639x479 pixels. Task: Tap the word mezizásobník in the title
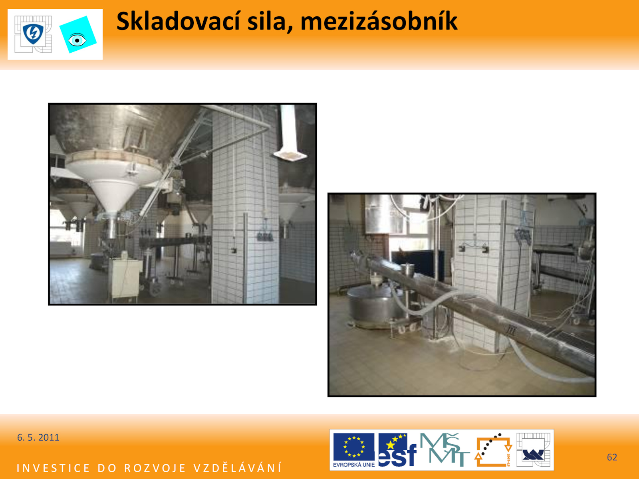(x=379, y=22)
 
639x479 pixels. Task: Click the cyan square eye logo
(x=78, y=35)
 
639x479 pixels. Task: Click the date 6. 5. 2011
(x=38, y=437)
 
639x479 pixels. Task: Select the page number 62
(x=611, y=457)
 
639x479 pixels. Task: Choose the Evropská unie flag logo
(x=354, y=450)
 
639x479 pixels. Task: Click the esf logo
(x=397, y=450)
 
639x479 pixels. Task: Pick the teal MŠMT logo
(x=445, y=449)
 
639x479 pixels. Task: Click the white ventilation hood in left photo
(x=289, y=133)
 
